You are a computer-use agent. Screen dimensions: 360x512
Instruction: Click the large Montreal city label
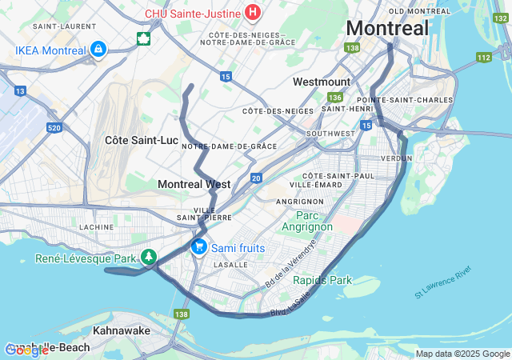(x=387, y=28)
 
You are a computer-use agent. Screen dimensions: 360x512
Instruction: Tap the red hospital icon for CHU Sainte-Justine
(x=254, y=12)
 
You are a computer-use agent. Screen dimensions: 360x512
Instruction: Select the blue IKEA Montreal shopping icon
(x=98, y=50)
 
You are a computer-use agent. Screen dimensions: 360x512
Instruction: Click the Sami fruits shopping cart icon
(x=199, y=247)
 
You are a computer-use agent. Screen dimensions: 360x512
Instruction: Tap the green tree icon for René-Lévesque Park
(x=148, y=258)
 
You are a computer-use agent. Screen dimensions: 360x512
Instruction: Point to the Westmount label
(x=322, y=82)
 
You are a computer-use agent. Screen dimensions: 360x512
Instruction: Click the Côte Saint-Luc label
(x=142, y=139)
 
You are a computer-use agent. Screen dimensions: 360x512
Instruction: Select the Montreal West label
(x=194, y=184)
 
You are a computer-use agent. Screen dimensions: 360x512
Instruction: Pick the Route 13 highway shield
(x=20, y=90)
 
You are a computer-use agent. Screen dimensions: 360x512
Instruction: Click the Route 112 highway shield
(x=482, y=57)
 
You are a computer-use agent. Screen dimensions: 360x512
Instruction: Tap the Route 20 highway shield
(x=256, y=178)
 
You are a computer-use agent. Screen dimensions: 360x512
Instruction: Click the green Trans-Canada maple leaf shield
(x=143, y=39)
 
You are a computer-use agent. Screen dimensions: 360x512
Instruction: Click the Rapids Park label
(x=322, y=280)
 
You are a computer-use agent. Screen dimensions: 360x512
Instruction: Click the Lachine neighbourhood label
(x=98, y=227)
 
